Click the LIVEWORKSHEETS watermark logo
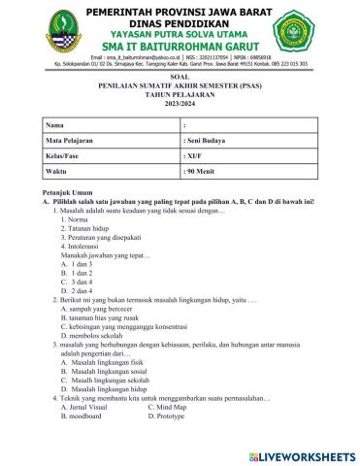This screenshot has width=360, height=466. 304,454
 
